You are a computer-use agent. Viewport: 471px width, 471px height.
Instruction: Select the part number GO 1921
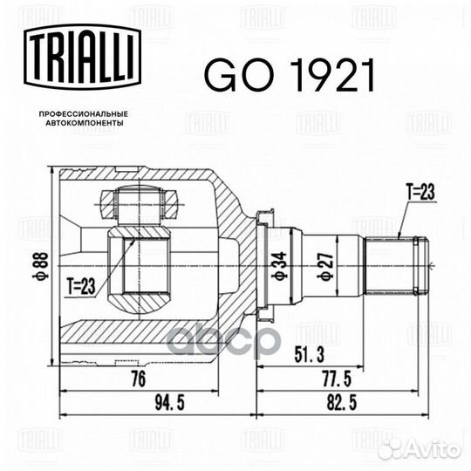[x=289, y=77]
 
